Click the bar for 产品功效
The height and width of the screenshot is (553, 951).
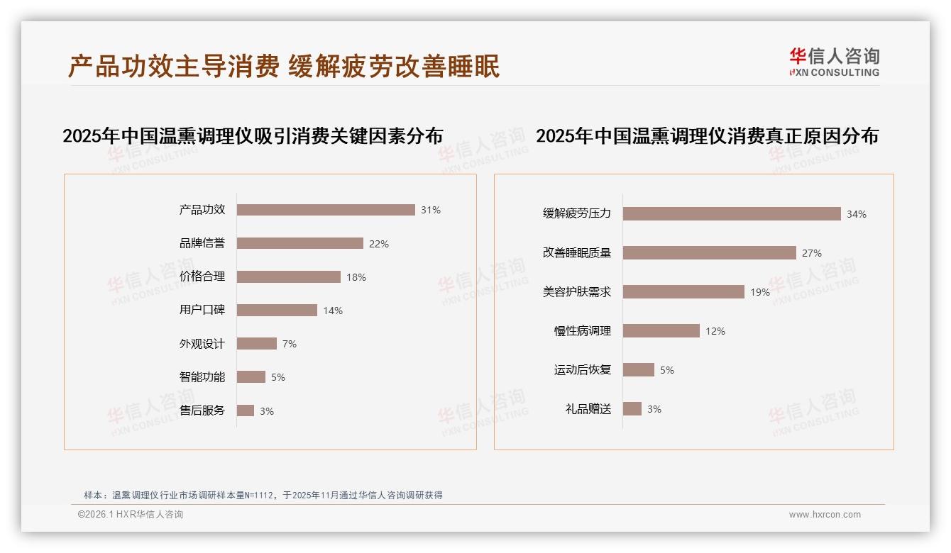pyautogui.click(x=326, y=210)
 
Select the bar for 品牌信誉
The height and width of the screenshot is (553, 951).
pyautogui.click(x=299, y=243)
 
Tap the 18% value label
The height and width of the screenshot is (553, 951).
pyautogui.click(x=356, y=277)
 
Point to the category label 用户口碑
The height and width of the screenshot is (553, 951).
pyautogui.click(x=202, y=310)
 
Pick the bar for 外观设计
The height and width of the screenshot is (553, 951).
pyautogui.click(x=256, y=344)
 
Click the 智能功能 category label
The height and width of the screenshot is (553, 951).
pyautogui.click(x=202, y=377)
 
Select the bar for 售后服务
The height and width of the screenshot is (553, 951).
pyautogui.click(x=245, y=410)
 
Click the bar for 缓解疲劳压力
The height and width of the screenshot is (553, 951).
pyautogui.click(x=732, y=214)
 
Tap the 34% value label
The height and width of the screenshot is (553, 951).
pyautogui.click(x=857, y=214)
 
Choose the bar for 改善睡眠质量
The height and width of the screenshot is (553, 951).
pyautogui.click(x=710, y=253)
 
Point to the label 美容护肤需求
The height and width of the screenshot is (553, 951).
pyautogui.click(x=577, y=292)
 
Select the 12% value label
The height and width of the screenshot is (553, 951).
pyautogui.click(x=715, y=331)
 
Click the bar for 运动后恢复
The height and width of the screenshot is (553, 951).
pyautogui.click(x=639, y=370)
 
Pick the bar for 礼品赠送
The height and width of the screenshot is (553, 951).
pyautogui.click(x=632, y=409)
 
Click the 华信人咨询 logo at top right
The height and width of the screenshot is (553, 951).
pyautogui.click(x=834, y=62)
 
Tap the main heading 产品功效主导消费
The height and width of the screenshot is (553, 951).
pyautogui.click(x=173, y=66)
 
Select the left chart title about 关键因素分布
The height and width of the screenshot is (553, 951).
pyautogui.click(x=253, y=135)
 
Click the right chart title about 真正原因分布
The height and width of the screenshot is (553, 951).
pyautogui.click(x=707, y=135)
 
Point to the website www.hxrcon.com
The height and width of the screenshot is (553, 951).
pyautogui.click(x=825, y=515)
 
